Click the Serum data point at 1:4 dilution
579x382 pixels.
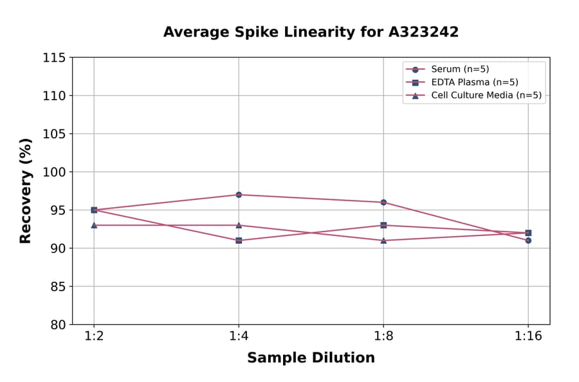(x=239, y=194)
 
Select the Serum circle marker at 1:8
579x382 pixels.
(x=383, y=202)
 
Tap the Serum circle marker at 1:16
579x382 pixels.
(x=528, y=241)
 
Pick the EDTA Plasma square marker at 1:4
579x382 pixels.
(x=239, y=241)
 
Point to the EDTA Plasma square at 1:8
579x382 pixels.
(x=383, y=225)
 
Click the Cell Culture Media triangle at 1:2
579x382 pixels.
(x=94, y=225)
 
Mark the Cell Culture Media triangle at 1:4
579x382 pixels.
(x=239, y=225)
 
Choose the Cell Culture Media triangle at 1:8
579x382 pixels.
(x=383, y=241)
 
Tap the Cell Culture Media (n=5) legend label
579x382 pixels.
(x=486, y=95)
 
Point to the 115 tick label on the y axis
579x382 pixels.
(x=54, y=58)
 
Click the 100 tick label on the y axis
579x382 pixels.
(x=54, y=172)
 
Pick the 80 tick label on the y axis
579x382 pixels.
(x=58, y=325)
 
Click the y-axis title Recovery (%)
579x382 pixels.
(x=26, y=191)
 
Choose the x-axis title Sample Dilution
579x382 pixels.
(x=311, y=358)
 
